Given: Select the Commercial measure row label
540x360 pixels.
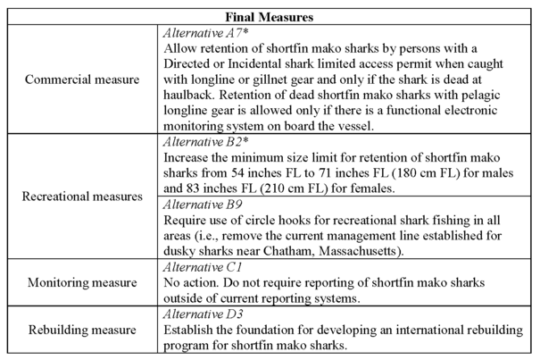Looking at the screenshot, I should (x=84, y=80).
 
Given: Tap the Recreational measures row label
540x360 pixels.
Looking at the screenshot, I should (x=82, y=194).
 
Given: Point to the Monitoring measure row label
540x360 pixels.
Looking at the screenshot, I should (x=82, y=283).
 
